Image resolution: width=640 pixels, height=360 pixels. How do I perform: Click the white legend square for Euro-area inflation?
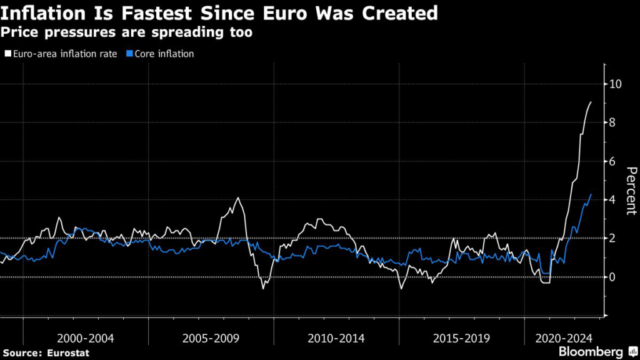7,54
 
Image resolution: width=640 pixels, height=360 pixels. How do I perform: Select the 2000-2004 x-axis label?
86,338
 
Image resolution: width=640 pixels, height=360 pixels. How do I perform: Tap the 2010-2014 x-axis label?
337,338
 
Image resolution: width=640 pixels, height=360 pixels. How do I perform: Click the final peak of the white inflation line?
591,102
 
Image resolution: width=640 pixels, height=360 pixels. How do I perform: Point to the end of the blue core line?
591,194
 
